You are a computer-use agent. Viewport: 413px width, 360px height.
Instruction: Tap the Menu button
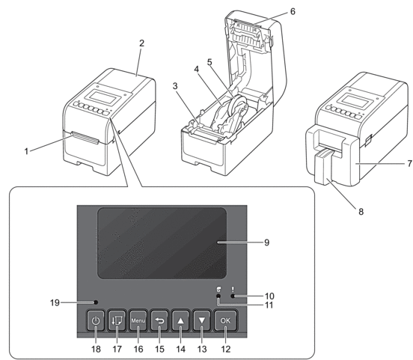pos(138,320)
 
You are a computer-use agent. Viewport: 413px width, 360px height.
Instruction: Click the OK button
pos(225,320)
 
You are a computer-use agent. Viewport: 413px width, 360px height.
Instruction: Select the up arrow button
pos(180,320)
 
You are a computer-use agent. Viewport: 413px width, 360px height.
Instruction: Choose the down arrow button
pos(202,320)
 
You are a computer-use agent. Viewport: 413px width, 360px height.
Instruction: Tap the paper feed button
pos(117,320)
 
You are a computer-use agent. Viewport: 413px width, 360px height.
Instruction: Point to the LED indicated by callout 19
pos(96,302)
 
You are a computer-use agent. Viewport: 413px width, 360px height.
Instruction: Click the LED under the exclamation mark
pos(233,296)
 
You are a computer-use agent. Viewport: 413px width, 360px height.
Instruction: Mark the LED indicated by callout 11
pos(218,296)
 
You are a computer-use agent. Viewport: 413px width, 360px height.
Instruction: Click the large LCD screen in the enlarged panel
pos(162,242)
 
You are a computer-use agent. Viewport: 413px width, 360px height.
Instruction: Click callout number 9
pos(266,242)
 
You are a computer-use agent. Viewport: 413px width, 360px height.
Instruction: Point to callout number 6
pos(293,11)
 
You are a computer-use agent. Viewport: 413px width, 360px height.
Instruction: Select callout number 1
pos(26,151)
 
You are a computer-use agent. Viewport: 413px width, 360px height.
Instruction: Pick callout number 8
pos(361,211)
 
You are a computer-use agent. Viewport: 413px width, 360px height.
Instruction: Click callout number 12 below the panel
pos(225,349)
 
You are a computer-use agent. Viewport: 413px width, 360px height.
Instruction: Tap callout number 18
pos(96,349)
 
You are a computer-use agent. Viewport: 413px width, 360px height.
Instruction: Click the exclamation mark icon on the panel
pos(233,289)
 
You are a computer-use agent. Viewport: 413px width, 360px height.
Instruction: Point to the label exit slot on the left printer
pos(85,138)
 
